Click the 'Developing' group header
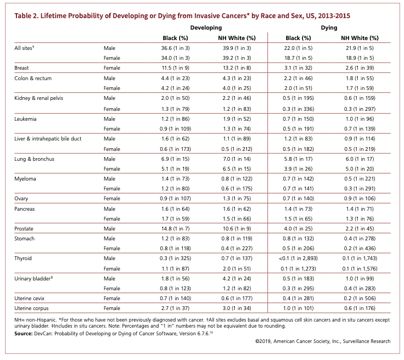tap(206, 28)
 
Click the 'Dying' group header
tap(329, 28)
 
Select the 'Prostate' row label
tap(24, 229)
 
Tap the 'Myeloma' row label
tap(25, 179)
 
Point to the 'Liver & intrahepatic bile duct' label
tap(48, 138)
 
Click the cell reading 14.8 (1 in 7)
tap(175, 229)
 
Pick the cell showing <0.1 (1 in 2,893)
tap(298, 258)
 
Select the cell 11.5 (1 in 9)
tap(175, 68)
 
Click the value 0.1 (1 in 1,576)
tap(360, 268)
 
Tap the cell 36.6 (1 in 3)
tap(175, 48)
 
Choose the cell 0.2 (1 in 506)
tap(360, 298)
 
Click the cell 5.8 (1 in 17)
tap(298, 159)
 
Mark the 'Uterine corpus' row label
tap(31, 308)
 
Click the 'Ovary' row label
tap(21, 199)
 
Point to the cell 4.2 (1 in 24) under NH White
tap(237, 279)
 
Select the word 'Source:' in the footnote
tap(24, 334)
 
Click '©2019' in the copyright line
tap(263, 341)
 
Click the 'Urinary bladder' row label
tap(33, 278)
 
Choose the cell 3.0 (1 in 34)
tap(237, 308)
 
